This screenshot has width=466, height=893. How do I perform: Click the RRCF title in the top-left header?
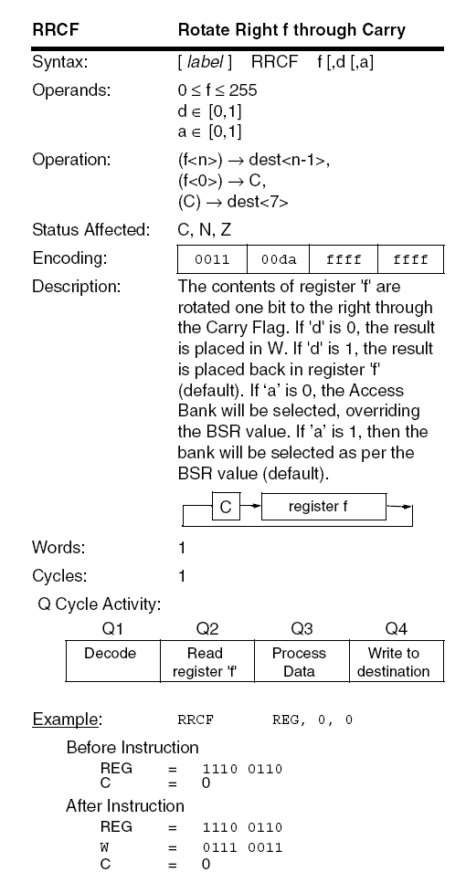point(54,30)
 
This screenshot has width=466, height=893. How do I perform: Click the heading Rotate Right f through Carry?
point(291,30)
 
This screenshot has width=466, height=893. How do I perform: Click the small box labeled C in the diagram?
point(227,506)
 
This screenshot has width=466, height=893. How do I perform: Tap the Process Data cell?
point(299,662)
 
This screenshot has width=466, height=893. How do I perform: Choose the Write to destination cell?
point(393,662)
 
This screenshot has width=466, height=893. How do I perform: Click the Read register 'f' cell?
point(204,662)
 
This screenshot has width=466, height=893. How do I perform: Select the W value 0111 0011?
point(242,846)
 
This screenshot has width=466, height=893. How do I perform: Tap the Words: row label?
point(58,549)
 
